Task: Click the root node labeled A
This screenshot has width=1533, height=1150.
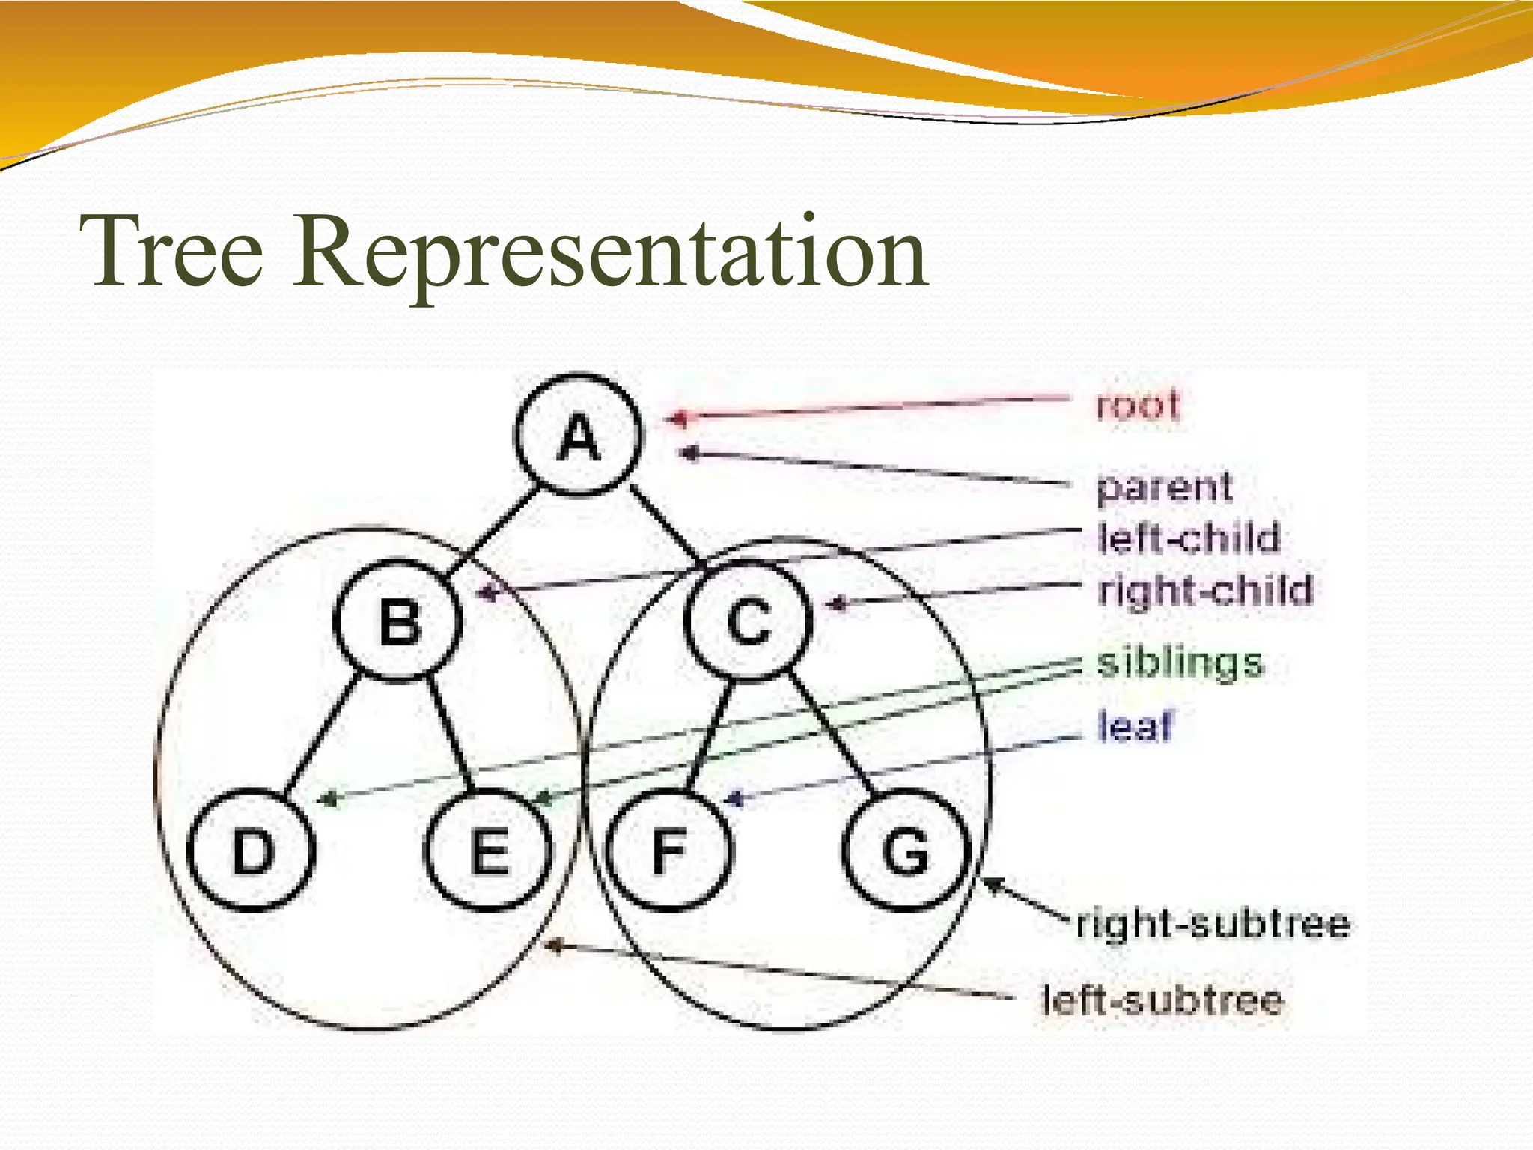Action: coord(578,436)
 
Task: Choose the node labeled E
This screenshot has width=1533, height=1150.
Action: coord(488,850)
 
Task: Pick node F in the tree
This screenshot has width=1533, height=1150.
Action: coord(668,850)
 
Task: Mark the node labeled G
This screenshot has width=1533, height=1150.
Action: coord(906,850)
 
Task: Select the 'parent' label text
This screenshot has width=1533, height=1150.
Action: coord(1163,487)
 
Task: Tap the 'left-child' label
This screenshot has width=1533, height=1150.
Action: coord(1189,538)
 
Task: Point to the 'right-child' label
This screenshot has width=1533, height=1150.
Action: coord(1205,590)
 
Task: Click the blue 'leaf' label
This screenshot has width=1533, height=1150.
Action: coord(1135,726)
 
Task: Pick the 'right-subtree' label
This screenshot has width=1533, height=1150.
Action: coord(1213,923)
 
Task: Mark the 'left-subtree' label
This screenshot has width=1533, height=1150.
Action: coord(1162,1000)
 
